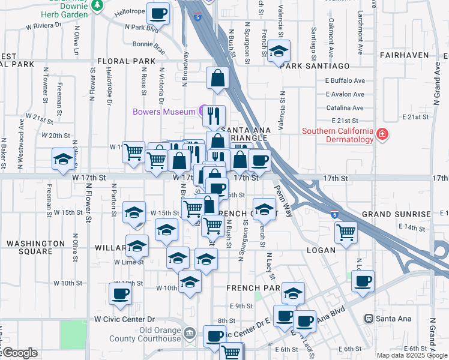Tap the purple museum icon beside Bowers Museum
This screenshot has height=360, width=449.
pos(201,111)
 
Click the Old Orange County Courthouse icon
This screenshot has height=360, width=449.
pos(190,332)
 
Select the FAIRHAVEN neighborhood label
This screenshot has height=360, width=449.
pos(405,55)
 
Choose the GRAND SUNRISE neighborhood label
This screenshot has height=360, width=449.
pos(396,214)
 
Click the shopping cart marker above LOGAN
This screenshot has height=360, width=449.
pos(346,231)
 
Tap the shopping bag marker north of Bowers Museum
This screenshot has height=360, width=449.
pos(217,77)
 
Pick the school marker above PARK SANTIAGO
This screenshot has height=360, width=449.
pos(279,51)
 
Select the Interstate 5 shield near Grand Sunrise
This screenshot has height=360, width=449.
pos(334,214)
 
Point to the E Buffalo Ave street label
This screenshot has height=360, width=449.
pos(345,81)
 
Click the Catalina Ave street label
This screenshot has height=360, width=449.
pos(345,108)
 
